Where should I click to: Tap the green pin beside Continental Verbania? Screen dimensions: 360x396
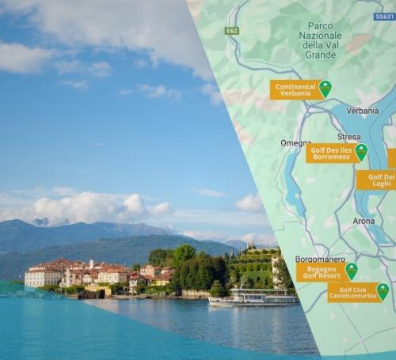[325, 88]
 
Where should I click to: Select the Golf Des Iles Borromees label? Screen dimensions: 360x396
[330, 153]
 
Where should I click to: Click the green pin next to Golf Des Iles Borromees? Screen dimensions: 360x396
[361, 151]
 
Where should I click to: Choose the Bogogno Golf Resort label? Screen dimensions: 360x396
[320, 273]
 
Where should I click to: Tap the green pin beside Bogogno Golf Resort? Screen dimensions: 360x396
[351, 271]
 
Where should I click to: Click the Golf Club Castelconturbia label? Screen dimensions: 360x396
[352, 293]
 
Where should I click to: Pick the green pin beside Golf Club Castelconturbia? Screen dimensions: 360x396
[383, 291]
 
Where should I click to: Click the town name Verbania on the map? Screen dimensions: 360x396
[362, 111]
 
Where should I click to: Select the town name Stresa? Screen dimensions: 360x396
[348, 137]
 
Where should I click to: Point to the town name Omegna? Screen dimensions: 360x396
[295, 143]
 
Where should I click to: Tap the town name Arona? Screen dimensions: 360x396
[364, 221]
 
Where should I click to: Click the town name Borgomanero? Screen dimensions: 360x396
[319, 259]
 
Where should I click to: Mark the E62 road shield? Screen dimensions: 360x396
[231, 31]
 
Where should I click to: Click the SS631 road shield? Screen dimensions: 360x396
[385, 16]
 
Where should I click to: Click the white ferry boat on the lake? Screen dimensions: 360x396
[252, 298]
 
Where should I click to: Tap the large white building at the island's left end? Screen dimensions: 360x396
[43, 277]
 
